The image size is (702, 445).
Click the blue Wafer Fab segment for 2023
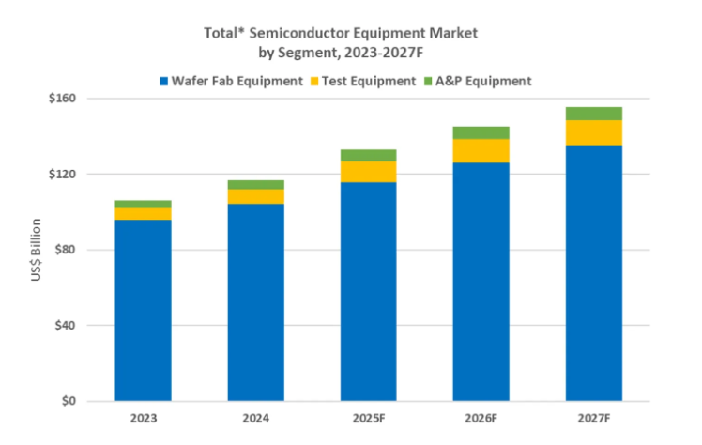(143, 310)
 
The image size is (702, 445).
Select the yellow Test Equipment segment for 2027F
(593, 132)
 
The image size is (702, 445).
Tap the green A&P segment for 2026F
(481, 132)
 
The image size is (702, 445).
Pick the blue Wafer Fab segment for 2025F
(368, 291)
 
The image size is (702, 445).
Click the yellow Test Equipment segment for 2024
(255, 196)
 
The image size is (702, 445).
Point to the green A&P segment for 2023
(143, 204)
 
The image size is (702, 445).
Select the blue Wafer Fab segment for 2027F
(593, 272)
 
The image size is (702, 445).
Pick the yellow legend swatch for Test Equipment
(314, 82)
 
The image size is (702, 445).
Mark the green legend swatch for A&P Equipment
(431, 82)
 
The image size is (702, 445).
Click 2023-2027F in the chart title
(397, 50)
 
